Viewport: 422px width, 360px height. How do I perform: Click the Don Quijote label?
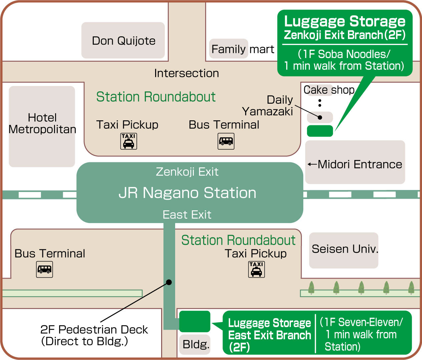[123, 41]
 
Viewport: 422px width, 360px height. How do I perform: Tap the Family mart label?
[243, 49]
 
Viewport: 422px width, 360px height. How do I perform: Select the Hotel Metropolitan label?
[42, 123]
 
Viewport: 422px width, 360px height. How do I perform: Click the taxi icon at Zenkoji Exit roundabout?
[128, 141]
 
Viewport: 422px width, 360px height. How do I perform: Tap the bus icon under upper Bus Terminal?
[226, 141]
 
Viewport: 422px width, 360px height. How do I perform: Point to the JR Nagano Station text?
[187, 193]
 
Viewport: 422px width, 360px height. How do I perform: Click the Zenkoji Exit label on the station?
[187, 172]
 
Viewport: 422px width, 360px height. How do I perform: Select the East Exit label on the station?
[187, 215]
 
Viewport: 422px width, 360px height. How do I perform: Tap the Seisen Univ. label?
[345, 249]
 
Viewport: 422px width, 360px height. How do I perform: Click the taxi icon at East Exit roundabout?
[257, 269]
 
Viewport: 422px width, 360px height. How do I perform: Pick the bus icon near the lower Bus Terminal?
[44, 269]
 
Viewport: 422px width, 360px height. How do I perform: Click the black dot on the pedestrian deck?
[169, 282]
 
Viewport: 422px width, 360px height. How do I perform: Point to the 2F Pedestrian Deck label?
[94, 335]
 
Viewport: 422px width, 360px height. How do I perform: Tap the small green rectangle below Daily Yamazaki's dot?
[320, 131]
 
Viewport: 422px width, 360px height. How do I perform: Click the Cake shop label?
[329, 90]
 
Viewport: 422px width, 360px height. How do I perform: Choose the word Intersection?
[186, 73]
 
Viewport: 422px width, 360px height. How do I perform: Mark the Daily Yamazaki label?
[268, 105]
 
